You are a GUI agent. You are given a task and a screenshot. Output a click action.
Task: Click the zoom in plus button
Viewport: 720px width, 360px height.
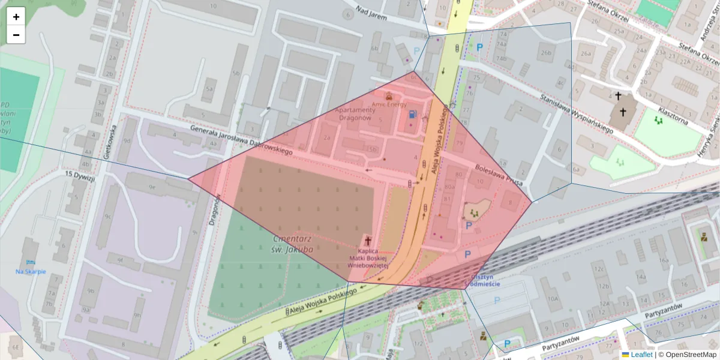pos(16,17)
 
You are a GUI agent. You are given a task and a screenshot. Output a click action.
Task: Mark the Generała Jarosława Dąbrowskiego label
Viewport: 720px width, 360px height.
pos(241,140)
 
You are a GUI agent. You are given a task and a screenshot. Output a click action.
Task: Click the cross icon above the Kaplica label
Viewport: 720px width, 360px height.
pos(368,239)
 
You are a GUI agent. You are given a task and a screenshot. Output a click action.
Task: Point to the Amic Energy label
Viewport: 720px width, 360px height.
pos(389,104)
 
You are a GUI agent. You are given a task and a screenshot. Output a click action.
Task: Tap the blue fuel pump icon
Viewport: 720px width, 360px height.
pos(412,114)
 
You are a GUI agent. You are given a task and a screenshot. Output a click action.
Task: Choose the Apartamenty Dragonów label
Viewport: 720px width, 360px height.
pos(355,114)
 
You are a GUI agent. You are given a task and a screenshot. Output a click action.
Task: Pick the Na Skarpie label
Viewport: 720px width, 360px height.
pos(31,271)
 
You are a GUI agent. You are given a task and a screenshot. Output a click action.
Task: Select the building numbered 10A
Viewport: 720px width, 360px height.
pos(553,298)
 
